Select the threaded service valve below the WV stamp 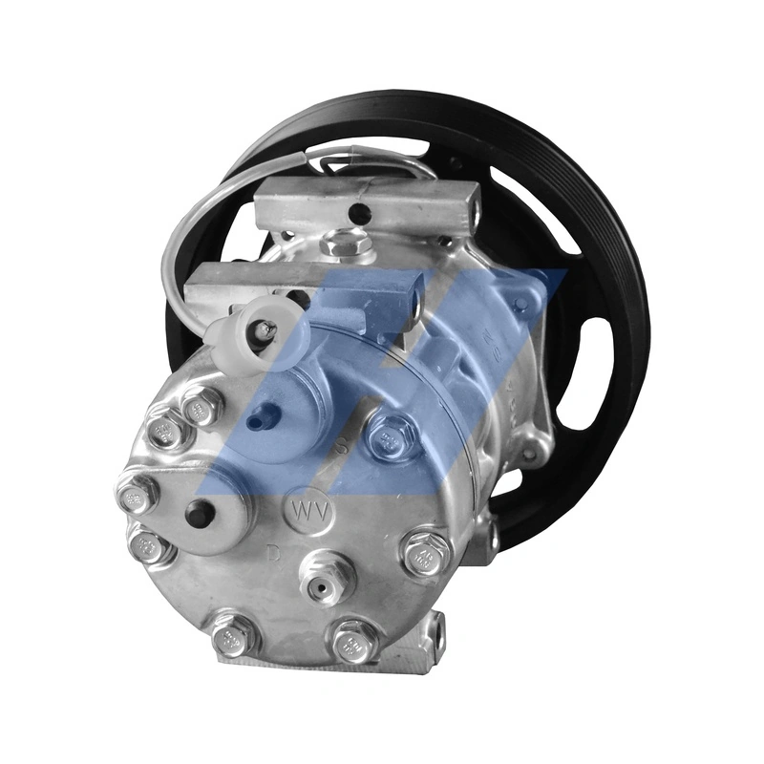click(327, 576)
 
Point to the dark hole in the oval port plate click(200, 513)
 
